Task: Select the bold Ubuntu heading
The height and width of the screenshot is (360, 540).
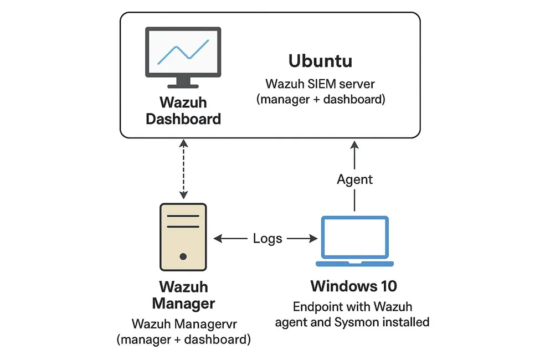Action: (320, 61)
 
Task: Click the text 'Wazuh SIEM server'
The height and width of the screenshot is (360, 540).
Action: (320, 84)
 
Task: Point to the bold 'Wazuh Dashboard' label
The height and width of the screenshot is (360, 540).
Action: (183, 111)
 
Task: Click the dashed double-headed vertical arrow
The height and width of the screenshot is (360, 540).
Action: (183, 169)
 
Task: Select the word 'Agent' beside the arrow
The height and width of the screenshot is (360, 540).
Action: (355, 179)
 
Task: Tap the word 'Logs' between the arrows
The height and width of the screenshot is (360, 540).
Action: (268, 239)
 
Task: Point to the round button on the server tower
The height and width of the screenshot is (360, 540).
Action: (183, 256)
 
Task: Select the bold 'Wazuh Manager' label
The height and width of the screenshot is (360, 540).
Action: (183, 296)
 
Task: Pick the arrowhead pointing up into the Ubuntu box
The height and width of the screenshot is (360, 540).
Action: (354, 146)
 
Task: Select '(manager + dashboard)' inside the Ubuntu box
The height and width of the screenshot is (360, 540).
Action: (320, 100)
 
